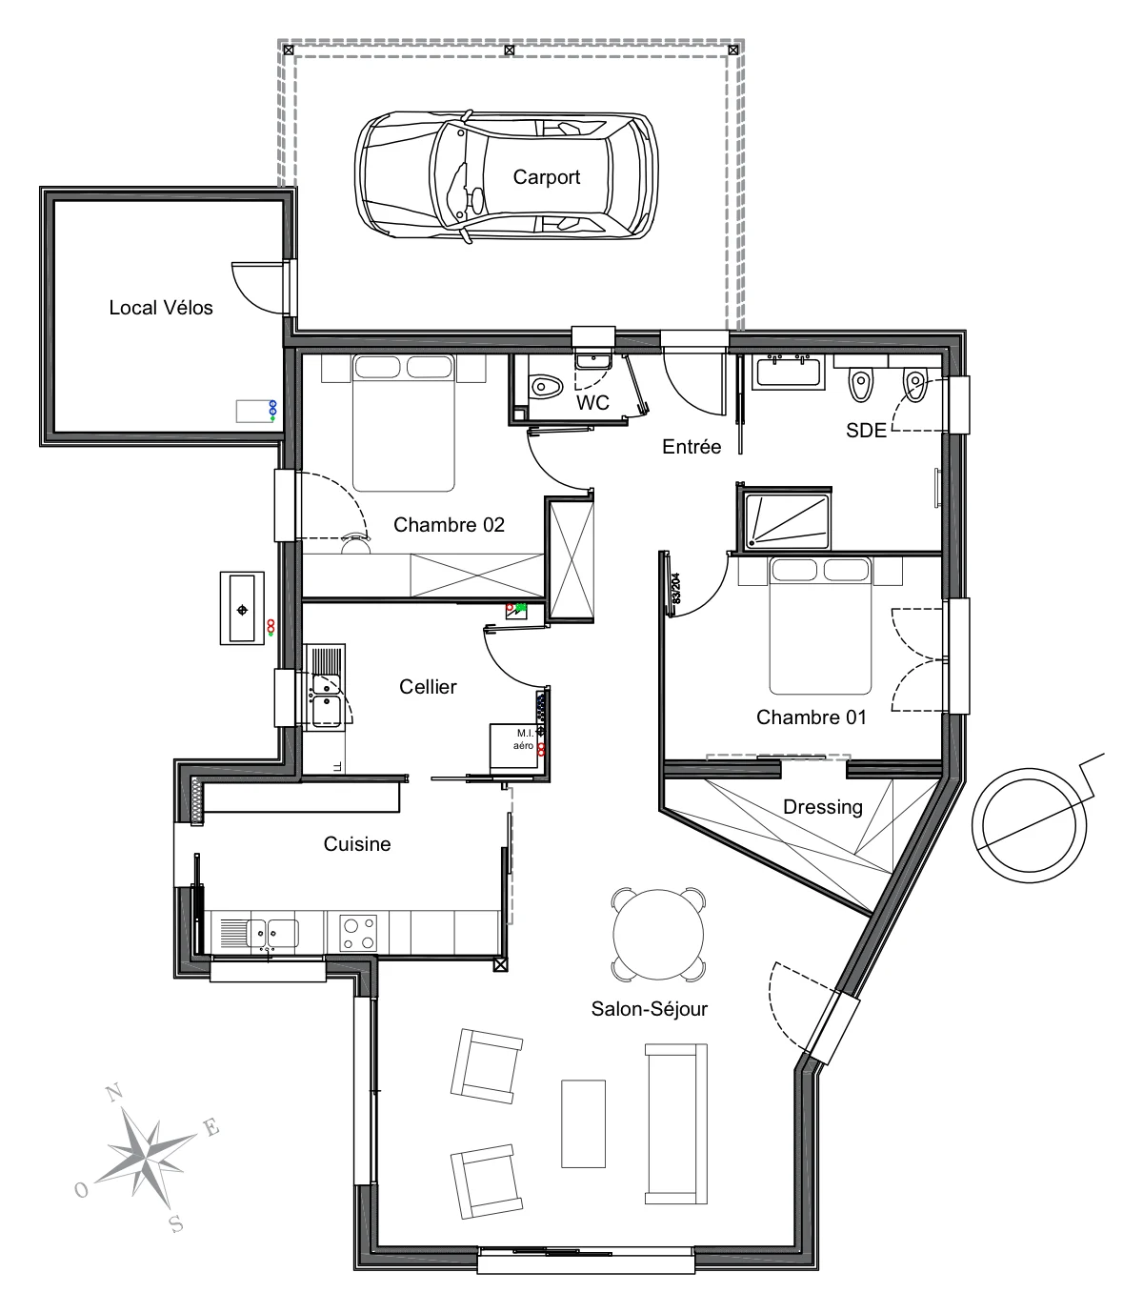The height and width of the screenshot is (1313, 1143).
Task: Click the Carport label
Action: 547,177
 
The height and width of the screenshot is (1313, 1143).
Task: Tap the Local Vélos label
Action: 161,308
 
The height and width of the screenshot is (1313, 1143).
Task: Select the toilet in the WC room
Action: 545,387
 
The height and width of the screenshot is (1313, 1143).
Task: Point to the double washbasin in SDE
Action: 789,373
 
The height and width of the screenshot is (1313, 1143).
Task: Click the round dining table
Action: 658,935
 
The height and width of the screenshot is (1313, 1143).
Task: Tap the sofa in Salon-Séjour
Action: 676,1123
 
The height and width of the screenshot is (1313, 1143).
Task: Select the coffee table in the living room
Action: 583,1123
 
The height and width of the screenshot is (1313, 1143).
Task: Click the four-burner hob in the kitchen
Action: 358,933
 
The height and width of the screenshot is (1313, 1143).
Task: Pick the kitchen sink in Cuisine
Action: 259,934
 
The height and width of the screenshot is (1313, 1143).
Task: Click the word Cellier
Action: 428,687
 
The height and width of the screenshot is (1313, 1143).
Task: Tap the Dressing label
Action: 823,807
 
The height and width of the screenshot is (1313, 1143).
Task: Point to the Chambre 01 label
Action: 812,717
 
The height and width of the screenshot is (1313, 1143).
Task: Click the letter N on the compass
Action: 114,1092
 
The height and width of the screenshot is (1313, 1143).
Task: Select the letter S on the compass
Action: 176,1224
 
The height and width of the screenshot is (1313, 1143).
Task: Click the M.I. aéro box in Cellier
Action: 514,748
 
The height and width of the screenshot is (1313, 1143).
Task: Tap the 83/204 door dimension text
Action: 675,589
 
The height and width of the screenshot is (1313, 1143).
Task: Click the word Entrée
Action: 692,447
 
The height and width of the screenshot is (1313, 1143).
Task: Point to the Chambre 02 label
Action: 449,525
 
